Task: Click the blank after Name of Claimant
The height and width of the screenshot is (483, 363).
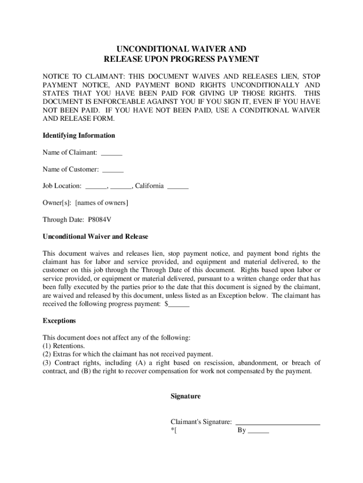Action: [112, 152]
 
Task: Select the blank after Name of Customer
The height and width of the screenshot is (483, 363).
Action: [113, 169]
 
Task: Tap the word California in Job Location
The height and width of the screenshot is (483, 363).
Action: [149, 186]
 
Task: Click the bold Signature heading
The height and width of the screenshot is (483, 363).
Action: [185, 396]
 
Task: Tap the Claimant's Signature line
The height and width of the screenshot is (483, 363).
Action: [278, 422]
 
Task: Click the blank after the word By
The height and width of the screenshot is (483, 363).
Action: [258, 431]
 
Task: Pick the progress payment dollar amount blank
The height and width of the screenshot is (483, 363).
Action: [179, 304]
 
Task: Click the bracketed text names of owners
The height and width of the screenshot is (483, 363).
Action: [102, 203]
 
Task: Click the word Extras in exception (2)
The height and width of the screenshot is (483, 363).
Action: [63, 354]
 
